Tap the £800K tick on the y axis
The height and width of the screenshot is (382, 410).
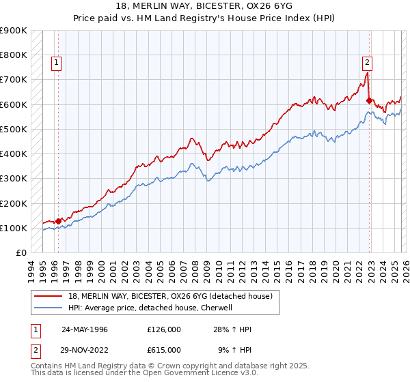pos(14,55)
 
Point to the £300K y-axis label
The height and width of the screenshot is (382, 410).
pos(14,179)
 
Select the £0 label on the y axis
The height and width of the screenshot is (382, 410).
pos(21,253)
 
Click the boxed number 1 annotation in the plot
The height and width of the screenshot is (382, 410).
pos(55,63)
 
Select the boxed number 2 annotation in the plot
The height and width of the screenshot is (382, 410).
pos(367,63)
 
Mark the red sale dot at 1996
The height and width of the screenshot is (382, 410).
pos(59,221)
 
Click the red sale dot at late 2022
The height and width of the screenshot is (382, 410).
pos(369,100)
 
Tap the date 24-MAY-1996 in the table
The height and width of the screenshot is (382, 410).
pos(84,329)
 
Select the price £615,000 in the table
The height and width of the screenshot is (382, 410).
pos(164,349)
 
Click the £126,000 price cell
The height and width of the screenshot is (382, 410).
pos(164,329)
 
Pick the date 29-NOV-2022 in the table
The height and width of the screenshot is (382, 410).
pos(84,349)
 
